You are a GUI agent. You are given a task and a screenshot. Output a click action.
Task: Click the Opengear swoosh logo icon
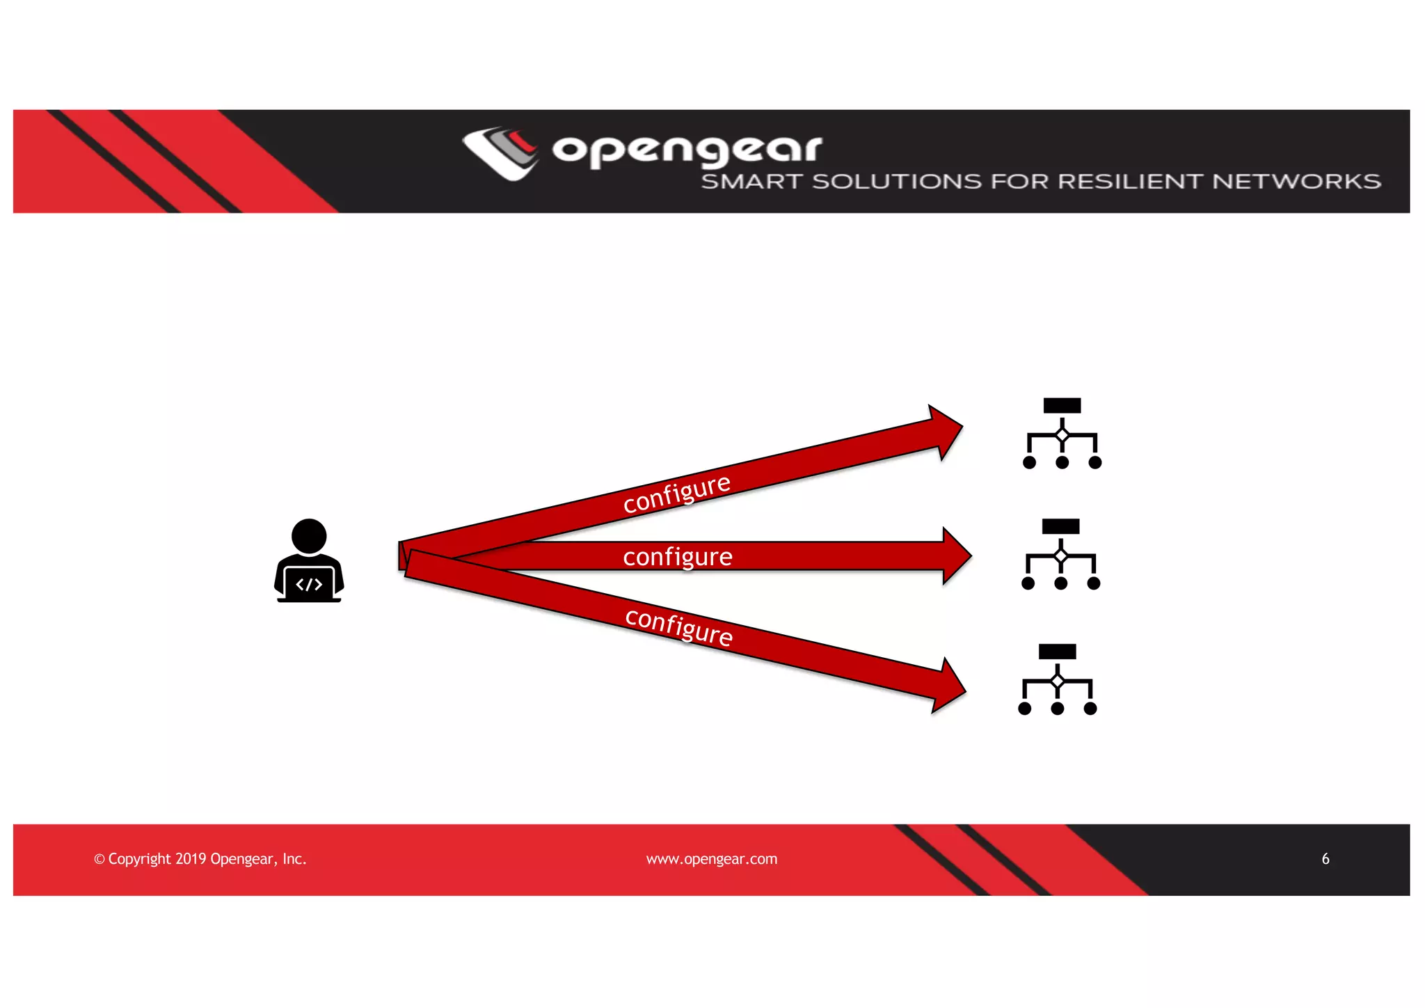pyautogui.click(x=500, y=152)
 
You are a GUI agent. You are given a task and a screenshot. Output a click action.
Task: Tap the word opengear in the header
pyautogui.click(x=687, y=150)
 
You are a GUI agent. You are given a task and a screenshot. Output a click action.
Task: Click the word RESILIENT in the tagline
pyautogui.click(x=1130, y=182)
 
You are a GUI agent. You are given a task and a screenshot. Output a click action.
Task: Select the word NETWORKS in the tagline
pyautogui.click(x=1296, y=182)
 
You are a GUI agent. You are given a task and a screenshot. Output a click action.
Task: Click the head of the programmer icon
pyautogui.click(x=309, y=536)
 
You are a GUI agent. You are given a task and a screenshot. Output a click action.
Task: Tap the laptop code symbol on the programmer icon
pyautogui.click(x=309, y=584)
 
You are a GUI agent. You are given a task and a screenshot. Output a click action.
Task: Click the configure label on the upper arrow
pyautogui.click(x=676, y=494)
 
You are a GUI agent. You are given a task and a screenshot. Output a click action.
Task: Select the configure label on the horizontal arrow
pyautogui.click(x=678, y=557)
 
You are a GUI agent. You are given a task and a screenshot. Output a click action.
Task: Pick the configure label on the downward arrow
pyautogui.click(x=679, y=627)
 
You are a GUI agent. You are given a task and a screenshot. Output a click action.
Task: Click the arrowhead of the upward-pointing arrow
pyautogui.click(x=946, y=432)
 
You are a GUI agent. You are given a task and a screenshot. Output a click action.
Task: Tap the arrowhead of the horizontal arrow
pyautogui.click(x=957, y=556)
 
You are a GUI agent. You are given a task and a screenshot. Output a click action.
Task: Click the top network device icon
pyautogui.click(x=1062, y=434)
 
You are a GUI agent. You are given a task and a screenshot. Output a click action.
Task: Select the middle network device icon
pyautogui.click(x=1060, y=555)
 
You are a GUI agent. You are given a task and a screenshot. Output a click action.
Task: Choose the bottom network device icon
pyautogui.click(x=1057, y=680)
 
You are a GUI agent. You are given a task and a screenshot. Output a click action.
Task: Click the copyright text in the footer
pyautogui.click(x=200, y=859)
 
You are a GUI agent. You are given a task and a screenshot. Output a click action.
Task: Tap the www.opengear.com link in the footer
pyautogui.click(x=712, y=859)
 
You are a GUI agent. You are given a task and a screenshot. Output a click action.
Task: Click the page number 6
pyautogui.click(x=1326, y=859)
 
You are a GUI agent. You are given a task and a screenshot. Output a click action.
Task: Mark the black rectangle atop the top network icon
pyautogui.click(x=1062, y=406)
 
